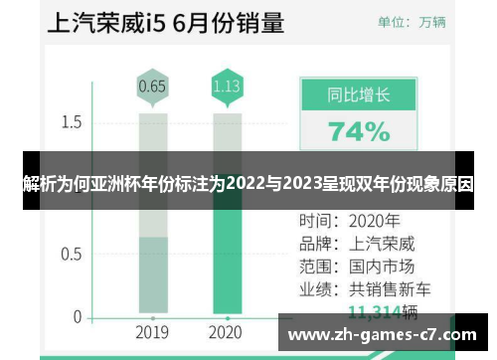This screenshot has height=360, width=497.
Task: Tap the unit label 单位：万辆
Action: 410,21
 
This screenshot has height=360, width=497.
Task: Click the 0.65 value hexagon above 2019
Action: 152,87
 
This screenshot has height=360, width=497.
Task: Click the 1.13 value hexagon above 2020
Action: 226,87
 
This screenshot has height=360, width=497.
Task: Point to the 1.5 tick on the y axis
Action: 71,122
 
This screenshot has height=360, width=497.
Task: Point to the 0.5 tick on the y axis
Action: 71,254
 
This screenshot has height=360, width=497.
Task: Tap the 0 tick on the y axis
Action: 77,317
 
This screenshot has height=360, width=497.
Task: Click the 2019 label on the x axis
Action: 152,331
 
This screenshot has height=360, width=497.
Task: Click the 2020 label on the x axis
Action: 226,331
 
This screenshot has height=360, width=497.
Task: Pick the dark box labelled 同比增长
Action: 359,95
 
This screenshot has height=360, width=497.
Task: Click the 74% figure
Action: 359,131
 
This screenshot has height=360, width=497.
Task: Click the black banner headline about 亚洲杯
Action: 248,184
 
